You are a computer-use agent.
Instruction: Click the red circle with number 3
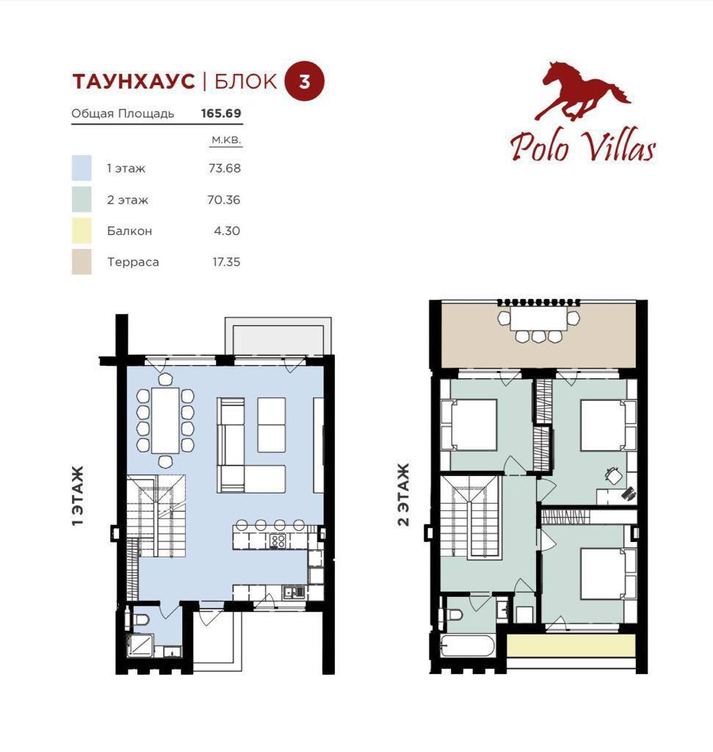(305, 81)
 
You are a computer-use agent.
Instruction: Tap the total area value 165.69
(221, 114)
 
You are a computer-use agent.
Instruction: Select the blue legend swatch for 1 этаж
(82, 168)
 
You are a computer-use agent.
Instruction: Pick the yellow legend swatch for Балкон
(82, 231)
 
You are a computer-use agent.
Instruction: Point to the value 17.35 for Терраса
(226, 262)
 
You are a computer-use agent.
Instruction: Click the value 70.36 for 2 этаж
(224, 200)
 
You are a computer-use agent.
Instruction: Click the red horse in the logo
(582, 90)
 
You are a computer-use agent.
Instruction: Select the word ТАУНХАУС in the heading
(134, 82)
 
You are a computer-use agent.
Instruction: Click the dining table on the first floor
(165, 420)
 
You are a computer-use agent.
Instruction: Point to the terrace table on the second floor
(538, 318)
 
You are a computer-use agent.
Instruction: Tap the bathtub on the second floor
(467, 646)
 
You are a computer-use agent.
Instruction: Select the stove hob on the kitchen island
(278, 541)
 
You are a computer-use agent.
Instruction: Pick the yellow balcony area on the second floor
(571, 646)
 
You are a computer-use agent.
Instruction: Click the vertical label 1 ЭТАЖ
(78, 496)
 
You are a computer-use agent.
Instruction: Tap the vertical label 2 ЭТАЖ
(404, 494)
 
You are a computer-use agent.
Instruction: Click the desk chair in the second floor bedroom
(614, 475)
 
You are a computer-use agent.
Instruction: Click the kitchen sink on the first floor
(294, 593)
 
